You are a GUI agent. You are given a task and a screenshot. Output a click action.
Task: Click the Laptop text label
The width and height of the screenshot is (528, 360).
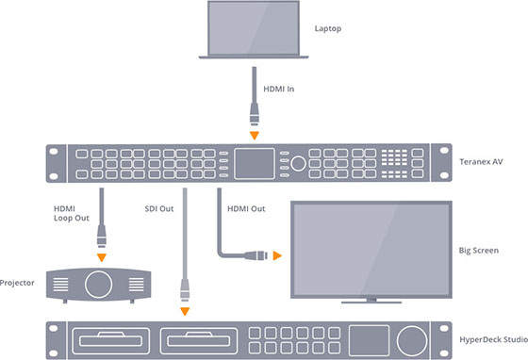pos(329,28)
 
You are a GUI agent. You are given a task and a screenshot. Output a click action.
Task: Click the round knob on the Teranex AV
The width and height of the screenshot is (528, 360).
pos(298,163)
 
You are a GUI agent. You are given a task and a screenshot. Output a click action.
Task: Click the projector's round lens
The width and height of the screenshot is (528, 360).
pos(100,283)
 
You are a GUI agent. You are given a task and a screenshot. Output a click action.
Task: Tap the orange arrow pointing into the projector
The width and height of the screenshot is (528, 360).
pos(100,256)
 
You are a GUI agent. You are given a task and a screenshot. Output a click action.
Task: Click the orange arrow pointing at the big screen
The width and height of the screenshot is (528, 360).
pos(276,254)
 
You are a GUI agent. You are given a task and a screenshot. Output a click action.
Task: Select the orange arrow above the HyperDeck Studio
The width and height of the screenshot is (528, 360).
pos(185,311)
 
